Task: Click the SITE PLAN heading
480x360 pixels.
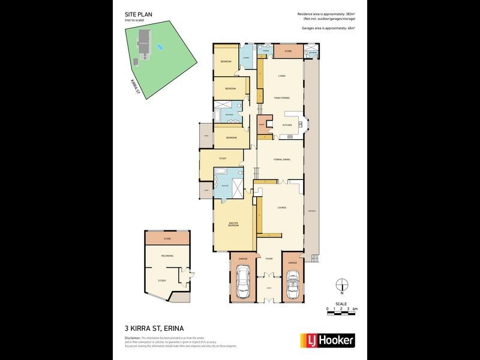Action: coord(136,15)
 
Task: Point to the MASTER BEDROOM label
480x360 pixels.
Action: coord(234,224)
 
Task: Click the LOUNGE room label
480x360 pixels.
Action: coord(281,208)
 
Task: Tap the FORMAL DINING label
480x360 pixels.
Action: coord(281,160)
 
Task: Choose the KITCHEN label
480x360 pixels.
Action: coord(287,125)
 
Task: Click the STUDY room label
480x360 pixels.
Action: coord(222,158)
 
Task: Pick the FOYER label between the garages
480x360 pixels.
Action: coord(269,259)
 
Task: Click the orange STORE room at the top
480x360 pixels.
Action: coord(288,52)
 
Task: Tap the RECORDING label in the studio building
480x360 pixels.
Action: coord(167,256)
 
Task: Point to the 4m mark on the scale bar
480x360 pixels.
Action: coord(355,308)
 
